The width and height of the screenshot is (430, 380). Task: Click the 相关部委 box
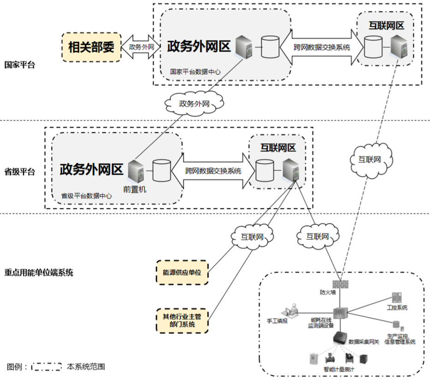(x=91, y=47)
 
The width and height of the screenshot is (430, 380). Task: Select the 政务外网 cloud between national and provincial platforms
(x=194, y=103)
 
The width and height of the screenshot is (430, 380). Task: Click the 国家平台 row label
(x=19, y=65)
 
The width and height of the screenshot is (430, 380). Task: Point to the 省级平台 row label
(x=19, y=172)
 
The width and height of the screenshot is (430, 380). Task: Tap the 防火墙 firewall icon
(x=340, y=282)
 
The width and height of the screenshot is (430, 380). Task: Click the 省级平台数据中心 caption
(x=86, y=196)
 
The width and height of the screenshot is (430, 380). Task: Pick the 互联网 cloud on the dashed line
(x=371, y=159)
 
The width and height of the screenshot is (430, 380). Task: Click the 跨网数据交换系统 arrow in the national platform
(x=321, y=47)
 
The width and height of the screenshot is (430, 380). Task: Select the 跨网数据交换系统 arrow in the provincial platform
(x=213, y=171)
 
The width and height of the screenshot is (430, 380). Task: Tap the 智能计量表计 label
(x=339, y=369)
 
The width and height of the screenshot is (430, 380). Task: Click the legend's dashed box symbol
(x=47, y=367)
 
